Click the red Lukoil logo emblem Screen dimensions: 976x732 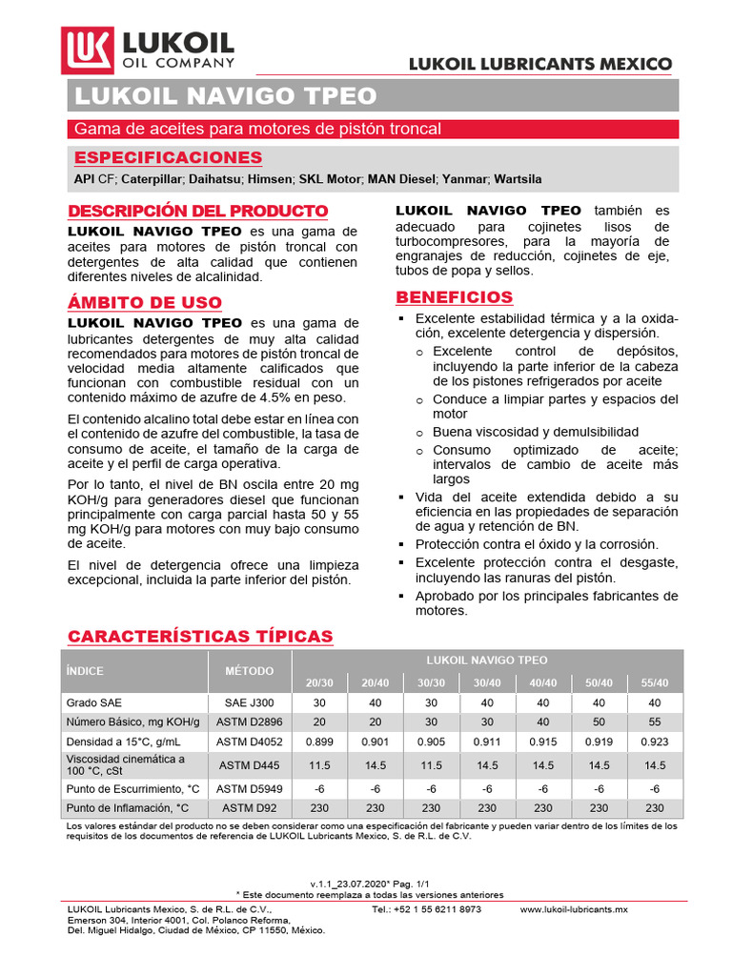point(88,51)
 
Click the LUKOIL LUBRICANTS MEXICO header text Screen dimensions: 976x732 point(539,64)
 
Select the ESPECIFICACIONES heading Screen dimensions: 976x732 point(168,157)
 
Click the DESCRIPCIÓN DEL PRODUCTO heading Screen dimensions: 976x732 point(198,211)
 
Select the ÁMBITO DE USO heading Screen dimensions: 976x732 point(145,302)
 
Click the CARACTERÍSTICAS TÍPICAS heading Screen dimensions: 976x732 point(199,636)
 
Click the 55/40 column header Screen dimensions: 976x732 point(654,682)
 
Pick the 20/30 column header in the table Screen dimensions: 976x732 point(319,682)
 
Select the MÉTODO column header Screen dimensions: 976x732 point(249,671)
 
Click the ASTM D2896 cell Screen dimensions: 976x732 point(249,721)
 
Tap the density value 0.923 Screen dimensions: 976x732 point(654,741)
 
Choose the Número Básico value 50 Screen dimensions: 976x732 point(599,721)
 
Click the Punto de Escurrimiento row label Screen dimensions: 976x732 point(132,788)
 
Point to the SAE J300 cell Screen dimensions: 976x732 point(249,701)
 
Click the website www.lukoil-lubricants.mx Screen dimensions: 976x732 point(574,910)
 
